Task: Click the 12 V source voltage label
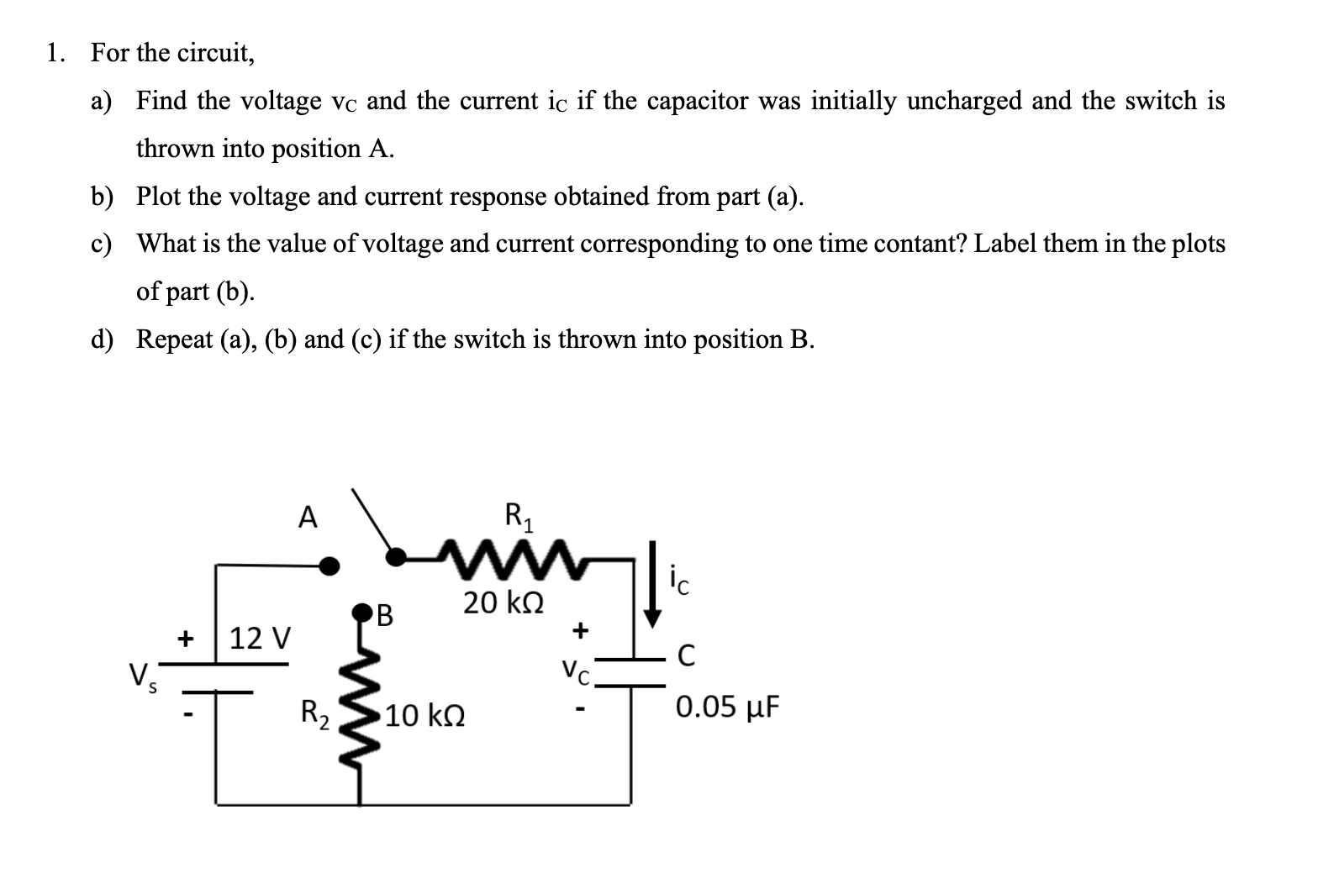259,638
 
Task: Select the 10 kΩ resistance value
427,717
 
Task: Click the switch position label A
308,518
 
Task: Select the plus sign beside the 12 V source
187,639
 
